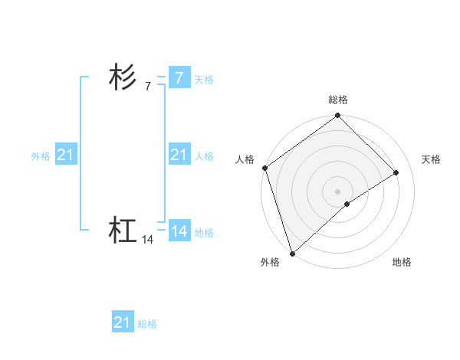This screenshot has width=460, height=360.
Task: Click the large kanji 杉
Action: (x=123, y=78)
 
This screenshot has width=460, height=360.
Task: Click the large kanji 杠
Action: (x=123, y=230)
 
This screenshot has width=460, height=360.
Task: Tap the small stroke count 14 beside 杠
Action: (x=148, y=240)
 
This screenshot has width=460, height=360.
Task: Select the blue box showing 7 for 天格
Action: (x=179, y=78)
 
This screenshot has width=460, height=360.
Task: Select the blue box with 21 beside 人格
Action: (x=179, y=155)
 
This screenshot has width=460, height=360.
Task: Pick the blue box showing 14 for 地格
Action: (x=179, y=231)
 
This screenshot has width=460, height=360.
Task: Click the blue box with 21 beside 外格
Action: (x=65, y=155)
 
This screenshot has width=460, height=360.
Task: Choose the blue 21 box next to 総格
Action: (x=122, y=322)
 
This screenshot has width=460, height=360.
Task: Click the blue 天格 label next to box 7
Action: (x=204, y=79)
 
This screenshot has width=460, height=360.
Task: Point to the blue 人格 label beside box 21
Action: (x=204, y=156)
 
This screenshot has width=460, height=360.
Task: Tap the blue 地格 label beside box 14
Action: (x=204, y=233)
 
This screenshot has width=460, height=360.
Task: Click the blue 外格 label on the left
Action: (x=41, y=156)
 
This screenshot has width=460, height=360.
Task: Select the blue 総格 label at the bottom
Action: (x=147, y=324)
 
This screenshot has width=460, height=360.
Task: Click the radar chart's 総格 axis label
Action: (x=337, y=100)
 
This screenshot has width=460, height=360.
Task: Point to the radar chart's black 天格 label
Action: (x=431, y=159)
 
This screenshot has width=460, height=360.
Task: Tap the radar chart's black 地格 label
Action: (x=402, y=262)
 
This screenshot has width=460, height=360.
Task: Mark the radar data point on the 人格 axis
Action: (x=264, y=168)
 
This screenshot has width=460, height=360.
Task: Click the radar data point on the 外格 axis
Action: (x=292, y=253)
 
